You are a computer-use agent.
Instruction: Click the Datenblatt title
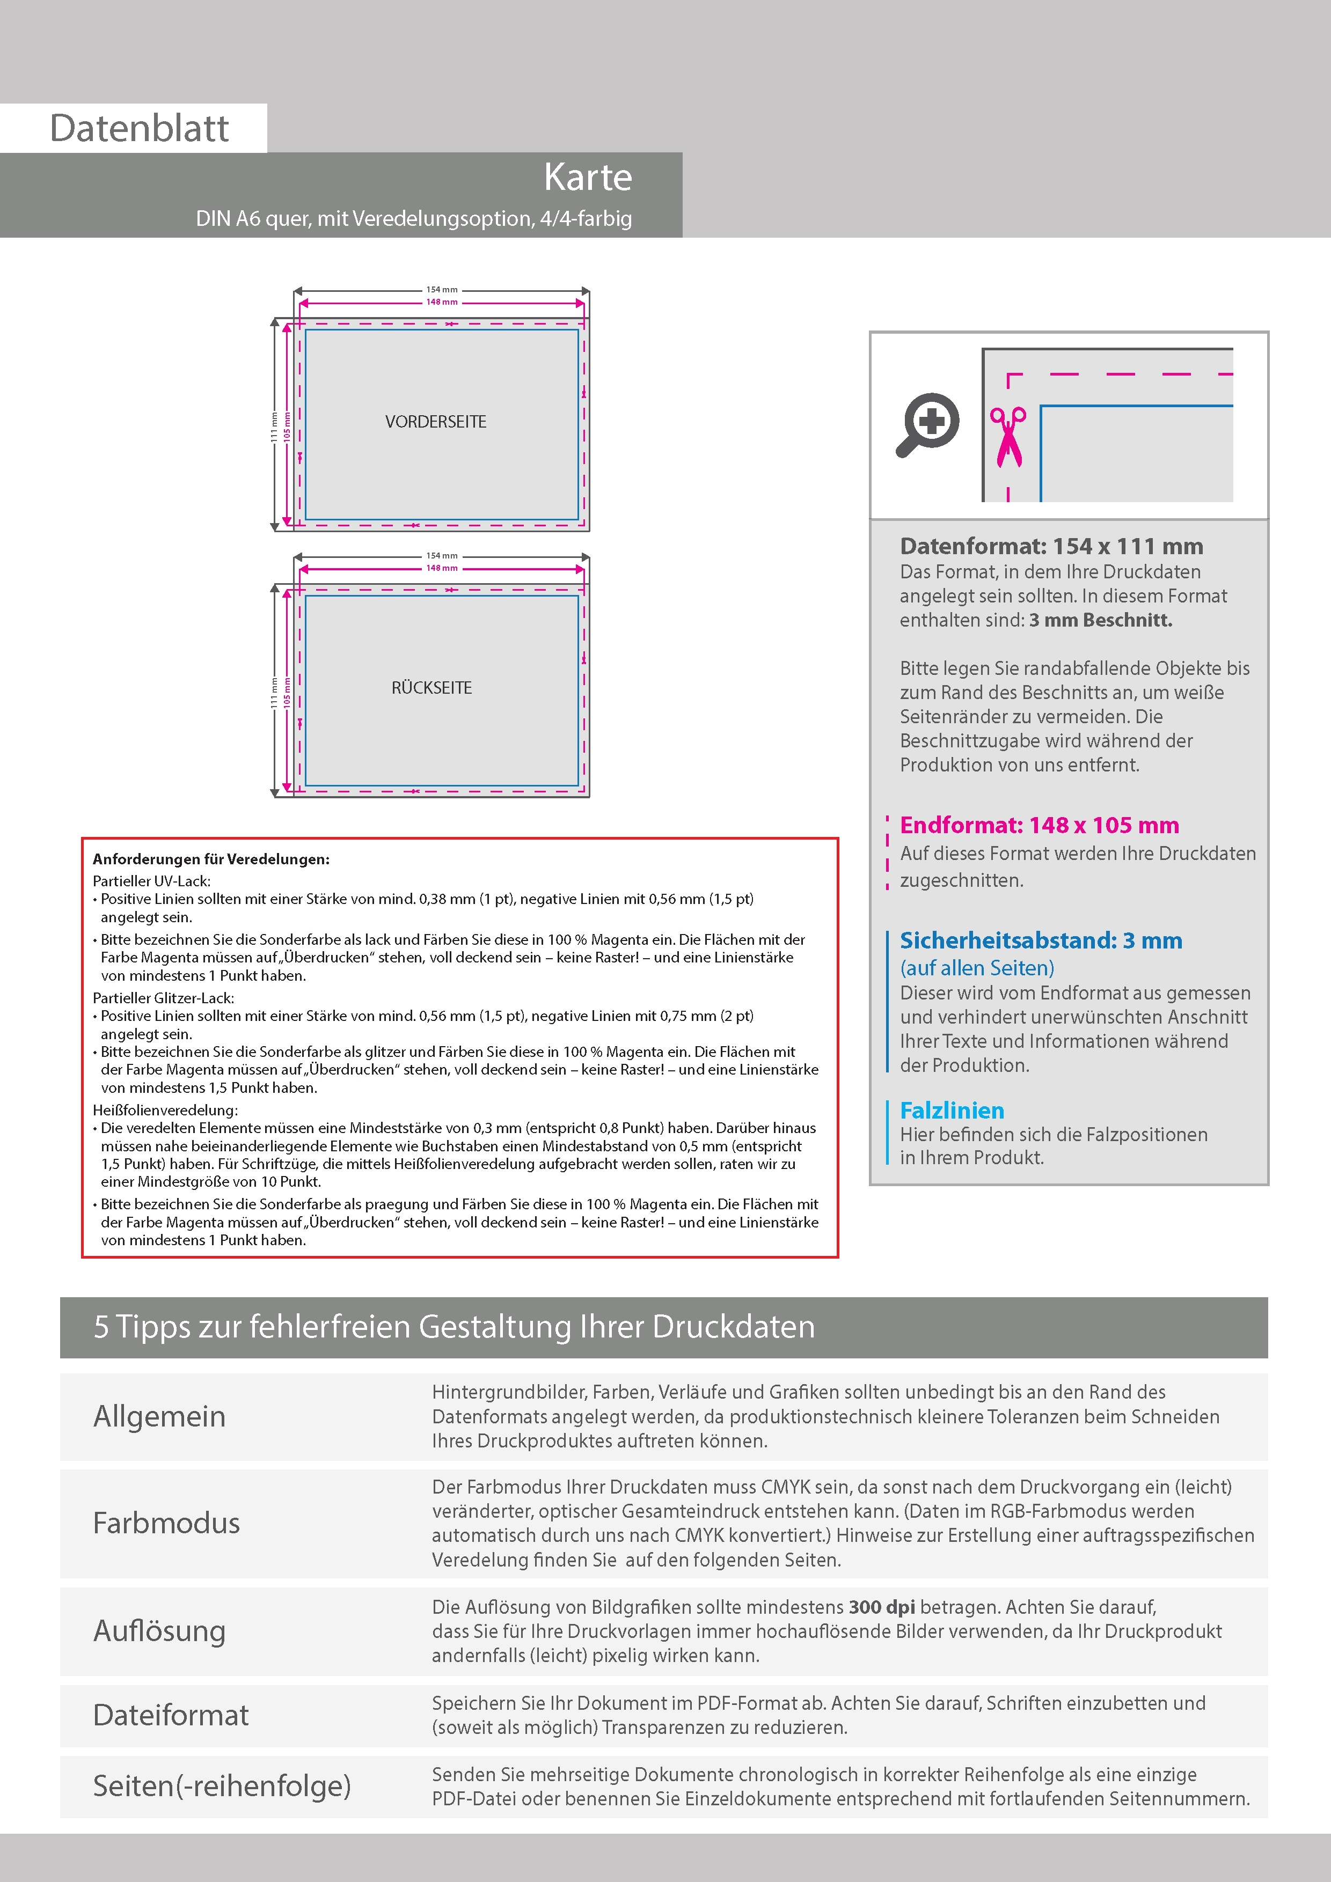tap(140, 129)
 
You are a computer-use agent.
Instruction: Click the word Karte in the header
tap(587, 178)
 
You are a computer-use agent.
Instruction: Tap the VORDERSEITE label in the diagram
tap(435, 422)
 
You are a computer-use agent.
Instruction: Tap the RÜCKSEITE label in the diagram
tap(432, 688)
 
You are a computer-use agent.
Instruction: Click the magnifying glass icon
tap(927, 424)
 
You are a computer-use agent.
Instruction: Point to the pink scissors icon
tap(1008, 437)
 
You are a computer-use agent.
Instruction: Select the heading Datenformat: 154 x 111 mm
tap(1051, 546)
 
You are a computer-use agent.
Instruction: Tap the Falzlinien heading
tap(952, 1111)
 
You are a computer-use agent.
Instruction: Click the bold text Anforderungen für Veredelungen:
tap(211, 859)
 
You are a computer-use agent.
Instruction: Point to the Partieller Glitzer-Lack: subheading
tap(163, 997)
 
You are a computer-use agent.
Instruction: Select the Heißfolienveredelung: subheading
tap(165, 1110)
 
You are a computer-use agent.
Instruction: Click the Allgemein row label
tap(159, 1416)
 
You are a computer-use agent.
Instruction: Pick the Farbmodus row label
tap(166, 1523)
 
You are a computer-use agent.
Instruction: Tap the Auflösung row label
tap(159, 1630)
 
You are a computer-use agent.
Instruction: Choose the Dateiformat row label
tap(171, 1715)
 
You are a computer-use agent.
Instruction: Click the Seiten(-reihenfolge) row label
tap(222, 1785)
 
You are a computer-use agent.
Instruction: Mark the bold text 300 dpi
tap(882, 1607)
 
